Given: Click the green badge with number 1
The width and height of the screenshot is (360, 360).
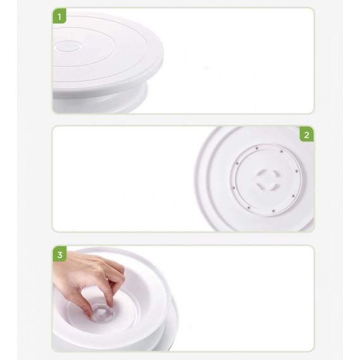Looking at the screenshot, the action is [x=59, y=16].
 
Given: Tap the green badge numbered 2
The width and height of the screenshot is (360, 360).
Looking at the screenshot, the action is [x=306, y=135].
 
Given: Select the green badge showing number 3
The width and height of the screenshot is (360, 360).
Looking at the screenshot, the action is [x=60, y=255].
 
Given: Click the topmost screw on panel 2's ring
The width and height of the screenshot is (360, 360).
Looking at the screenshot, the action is [x=257, y=148].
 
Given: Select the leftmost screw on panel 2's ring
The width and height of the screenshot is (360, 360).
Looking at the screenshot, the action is [x=233, y=188].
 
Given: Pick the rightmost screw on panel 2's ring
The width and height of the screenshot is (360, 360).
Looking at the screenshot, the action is [x=296, y=171].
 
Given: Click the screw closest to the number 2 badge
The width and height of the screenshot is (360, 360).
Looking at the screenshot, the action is [x=281, y=152].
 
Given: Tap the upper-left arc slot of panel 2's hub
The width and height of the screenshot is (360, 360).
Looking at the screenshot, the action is [x=261, y=174].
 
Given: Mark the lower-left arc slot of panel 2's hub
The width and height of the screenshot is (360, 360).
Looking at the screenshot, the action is [x=261, y=186].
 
